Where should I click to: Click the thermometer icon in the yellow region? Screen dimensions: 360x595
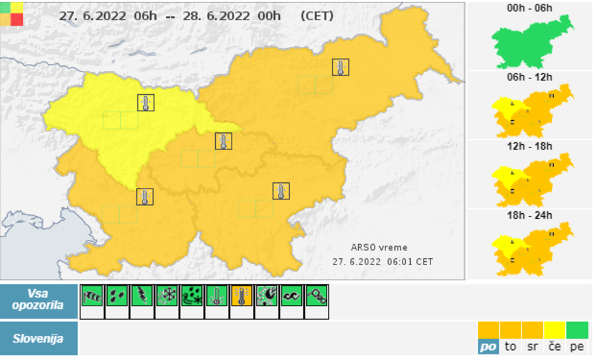coord(146,102)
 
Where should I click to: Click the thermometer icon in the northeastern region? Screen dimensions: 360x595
coord(341,67)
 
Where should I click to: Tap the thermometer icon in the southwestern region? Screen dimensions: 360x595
coord(145,197)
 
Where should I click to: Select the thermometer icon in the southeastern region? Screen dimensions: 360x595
coord(281,190)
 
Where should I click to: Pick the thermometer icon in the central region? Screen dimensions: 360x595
coord(223,140)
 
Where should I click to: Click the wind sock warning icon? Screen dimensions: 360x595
coord(91,295)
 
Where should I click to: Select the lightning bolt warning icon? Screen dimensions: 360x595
coord(141,295)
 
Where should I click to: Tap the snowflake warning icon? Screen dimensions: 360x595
coord(166,295)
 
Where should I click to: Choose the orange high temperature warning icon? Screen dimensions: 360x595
coord(241,295)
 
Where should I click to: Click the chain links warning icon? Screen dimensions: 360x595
coord(316,295)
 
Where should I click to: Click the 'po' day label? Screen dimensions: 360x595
coord(488,346)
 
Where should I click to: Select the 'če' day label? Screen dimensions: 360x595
coord(554,346)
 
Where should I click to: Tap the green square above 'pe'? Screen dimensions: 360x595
coord(577,330)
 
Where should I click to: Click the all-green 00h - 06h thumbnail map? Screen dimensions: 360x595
coord(532,42)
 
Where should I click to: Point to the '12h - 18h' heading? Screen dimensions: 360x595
coord(530,147)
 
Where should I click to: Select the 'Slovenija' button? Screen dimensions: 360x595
coord(39,338)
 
